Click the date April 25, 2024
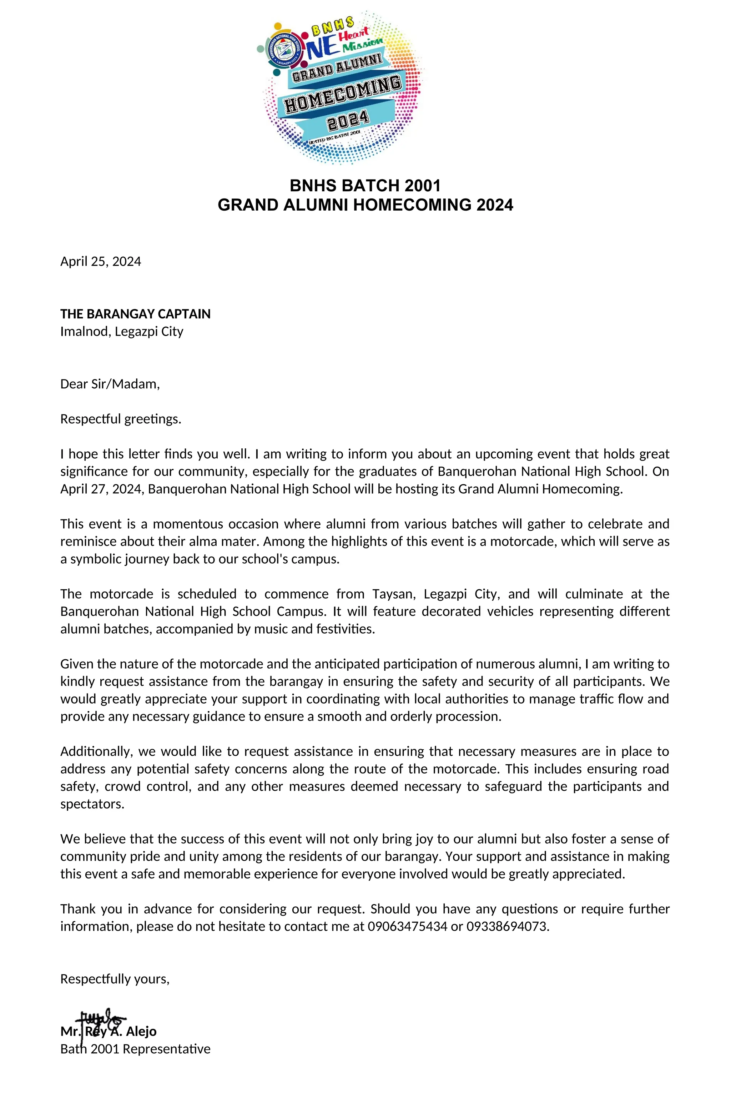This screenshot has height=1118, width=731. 101,262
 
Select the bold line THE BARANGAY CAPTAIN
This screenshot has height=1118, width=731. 135,314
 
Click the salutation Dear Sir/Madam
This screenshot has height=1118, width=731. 110,384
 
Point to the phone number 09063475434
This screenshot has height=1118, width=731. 407,927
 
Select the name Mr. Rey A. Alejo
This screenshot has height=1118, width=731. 109,1032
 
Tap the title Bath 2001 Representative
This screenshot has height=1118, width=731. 135,1049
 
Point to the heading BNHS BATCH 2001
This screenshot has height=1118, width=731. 365,186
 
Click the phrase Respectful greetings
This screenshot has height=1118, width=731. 121,419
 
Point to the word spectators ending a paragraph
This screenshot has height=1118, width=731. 92,804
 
